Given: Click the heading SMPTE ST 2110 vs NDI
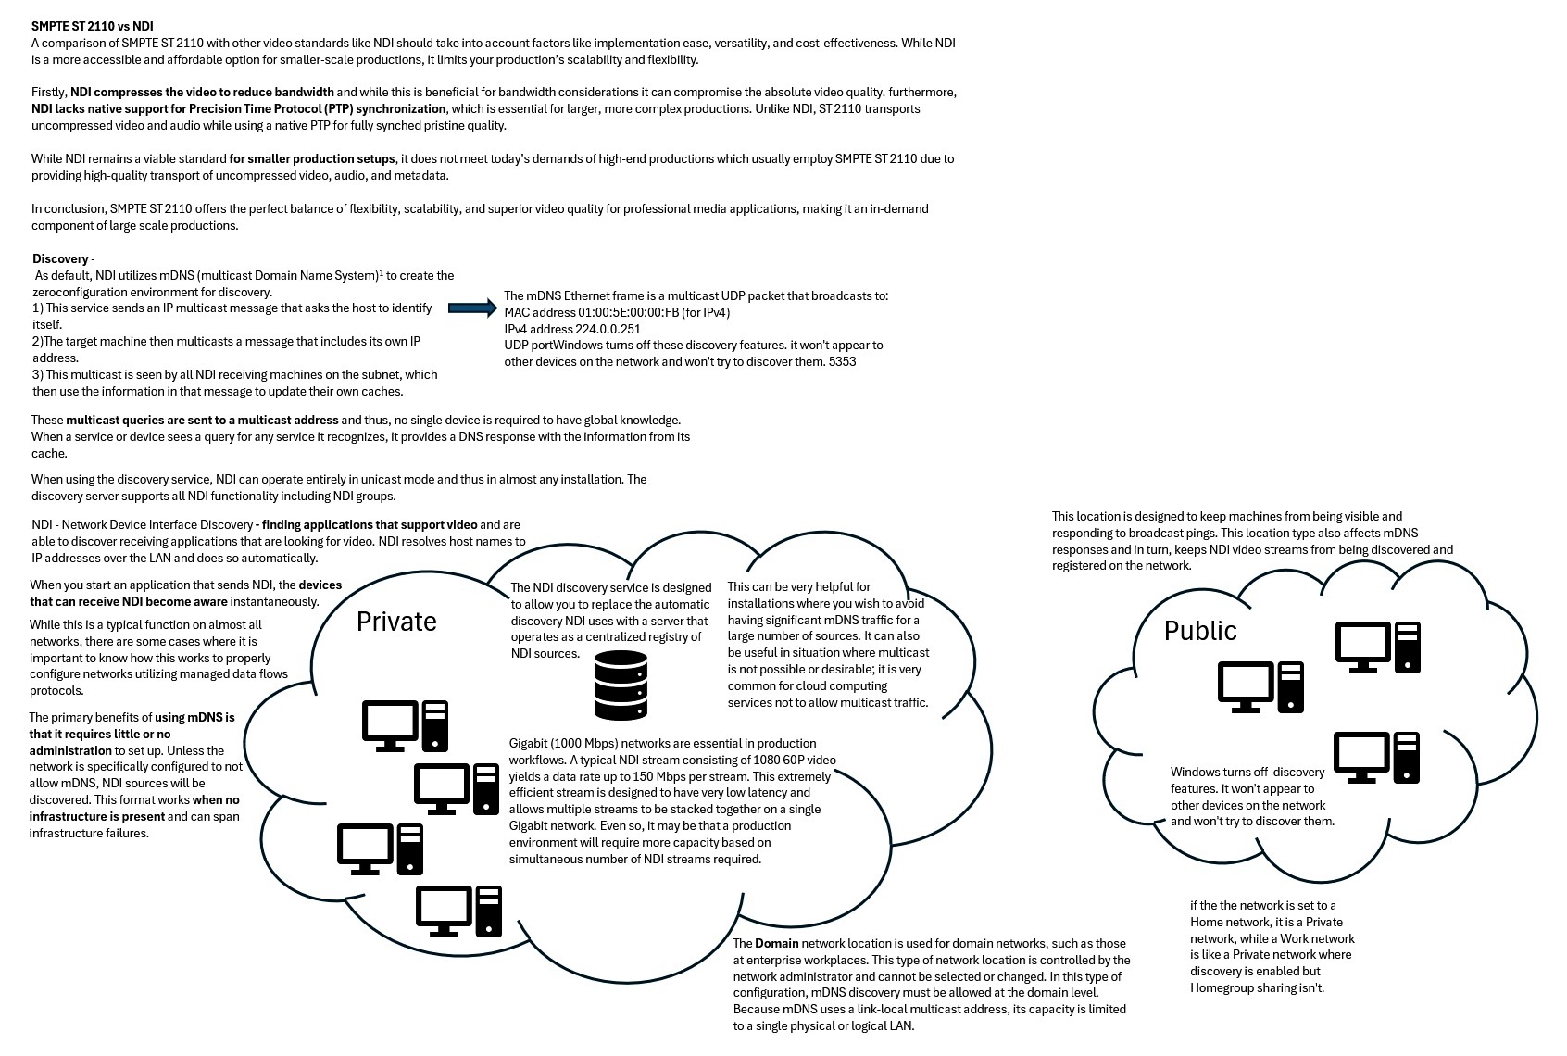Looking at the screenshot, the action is click(93, 26).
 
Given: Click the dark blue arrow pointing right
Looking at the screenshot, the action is click(472, 308).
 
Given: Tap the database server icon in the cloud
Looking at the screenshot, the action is click(621, 685).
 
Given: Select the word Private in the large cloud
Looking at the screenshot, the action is click(396, 622).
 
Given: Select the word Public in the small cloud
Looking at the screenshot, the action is click(1200, 631).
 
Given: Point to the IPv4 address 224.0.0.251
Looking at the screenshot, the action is click(608, 329).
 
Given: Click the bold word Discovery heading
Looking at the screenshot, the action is click(60, 259).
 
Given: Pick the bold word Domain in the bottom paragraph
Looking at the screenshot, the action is click(776, 943).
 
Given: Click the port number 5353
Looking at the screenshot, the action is click(842, 362).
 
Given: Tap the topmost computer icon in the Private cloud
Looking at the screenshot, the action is click(405, 725).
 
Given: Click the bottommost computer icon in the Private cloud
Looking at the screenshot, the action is click(459, 911).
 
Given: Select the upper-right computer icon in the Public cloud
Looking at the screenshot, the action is click(1378, 647).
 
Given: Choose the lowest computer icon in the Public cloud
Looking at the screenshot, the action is click(1377, 757).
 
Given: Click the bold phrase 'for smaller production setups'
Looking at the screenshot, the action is click(312, 158).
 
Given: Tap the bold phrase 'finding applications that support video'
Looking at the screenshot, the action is click(370, 525).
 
